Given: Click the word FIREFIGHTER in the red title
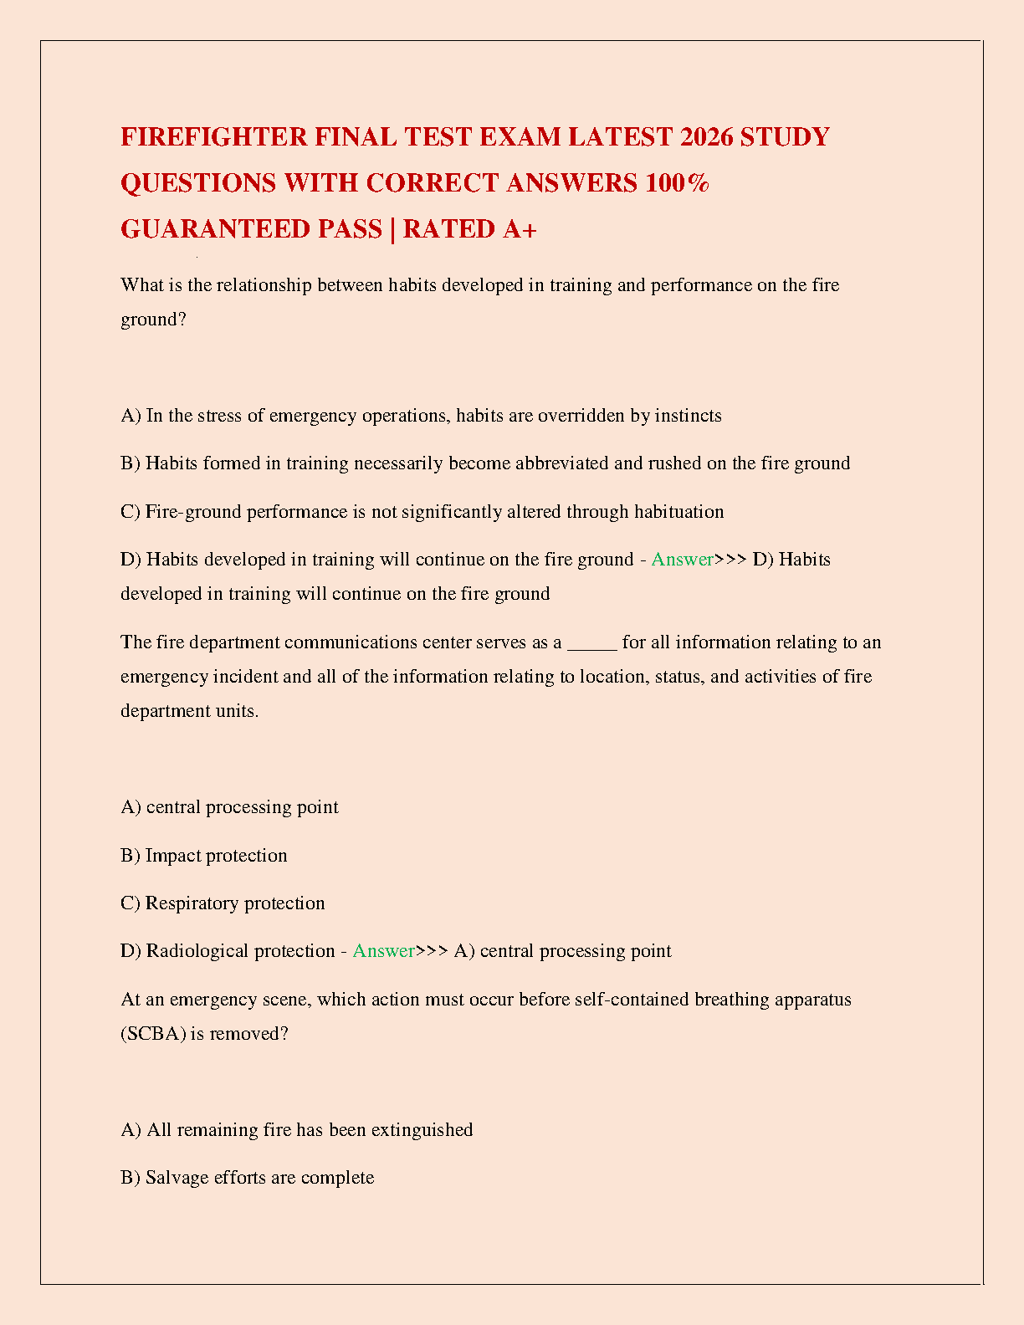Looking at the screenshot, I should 214,136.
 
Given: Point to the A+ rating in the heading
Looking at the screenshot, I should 520,228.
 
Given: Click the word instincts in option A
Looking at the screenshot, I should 688,416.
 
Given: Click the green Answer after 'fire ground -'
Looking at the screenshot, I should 682,560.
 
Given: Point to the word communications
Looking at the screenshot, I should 351,642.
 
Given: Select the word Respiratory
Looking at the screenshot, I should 189,903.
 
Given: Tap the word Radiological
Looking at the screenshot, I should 198,951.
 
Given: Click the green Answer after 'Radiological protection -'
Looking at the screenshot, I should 383,951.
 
